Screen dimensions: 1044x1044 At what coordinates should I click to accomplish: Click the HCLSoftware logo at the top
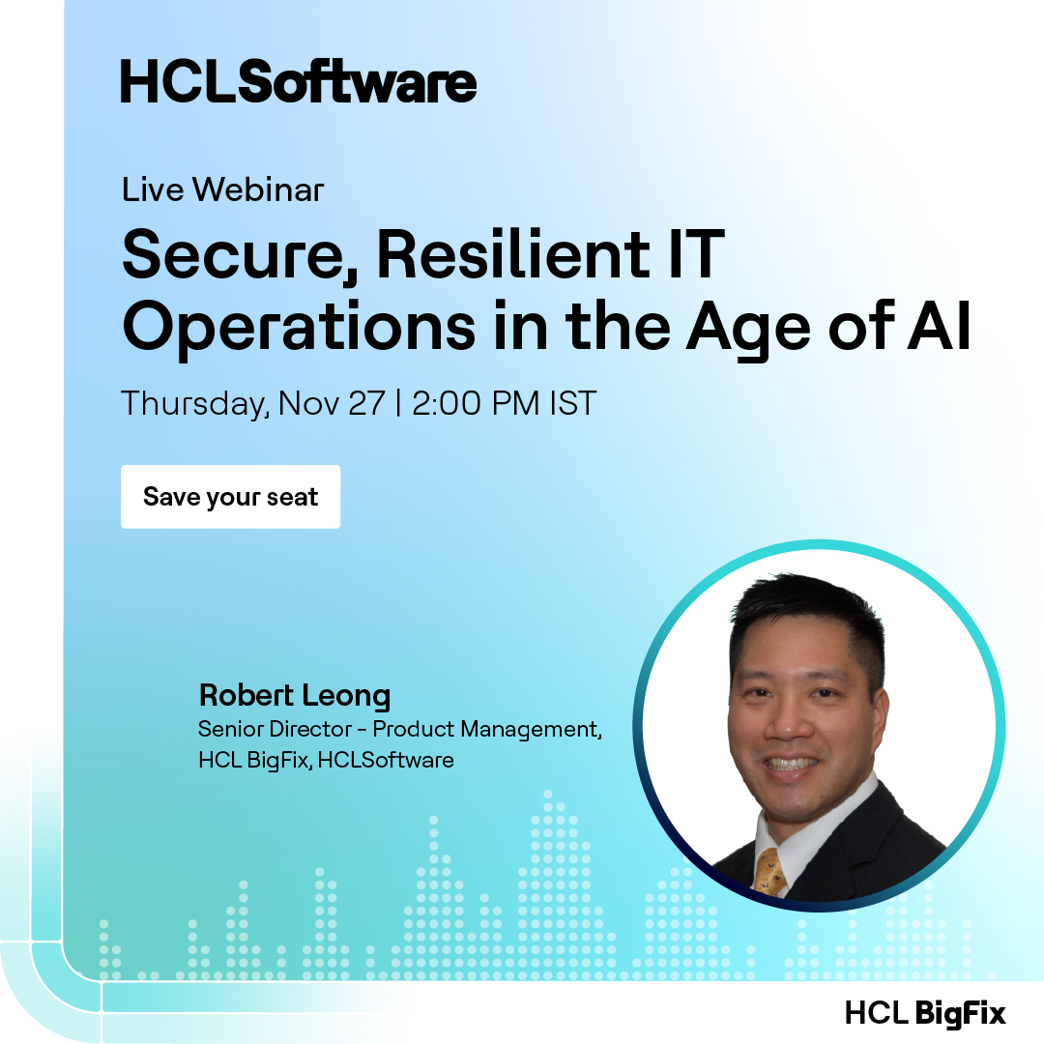tap(298, 81)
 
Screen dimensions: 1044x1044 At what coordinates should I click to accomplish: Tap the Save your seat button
tap(230, 497)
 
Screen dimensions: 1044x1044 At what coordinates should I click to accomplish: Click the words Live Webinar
tap(222, 189)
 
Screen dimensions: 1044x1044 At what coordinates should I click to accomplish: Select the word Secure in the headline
tap(238, 257)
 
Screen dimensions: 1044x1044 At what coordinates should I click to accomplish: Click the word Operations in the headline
tap(299, 329)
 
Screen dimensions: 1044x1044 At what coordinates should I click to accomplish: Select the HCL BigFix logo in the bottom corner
tap(925, 1012)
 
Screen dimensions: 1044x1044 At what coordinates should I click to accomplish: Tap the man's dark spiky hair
tap(802, 609)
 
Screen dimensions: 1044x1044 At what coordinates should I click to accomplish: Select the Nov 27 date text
tap(332, 403)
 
